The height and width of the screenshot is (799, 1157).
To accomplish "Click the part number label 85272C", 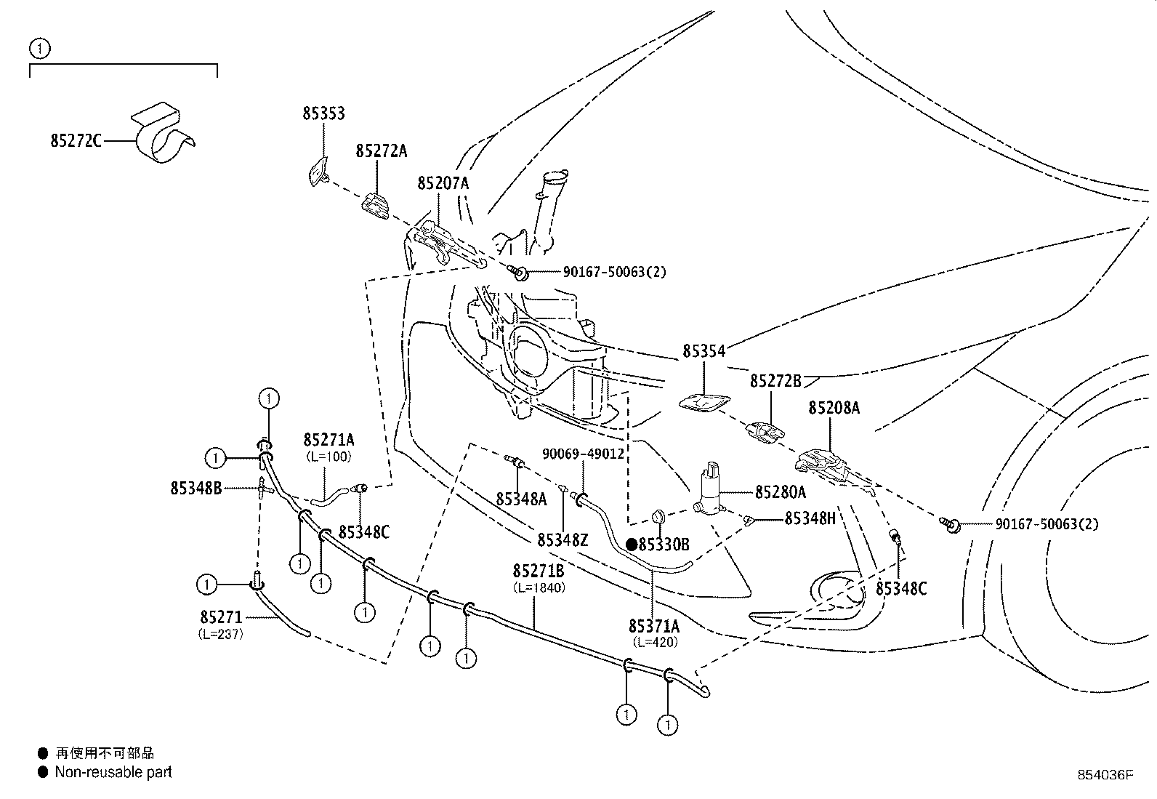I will click(76, 140).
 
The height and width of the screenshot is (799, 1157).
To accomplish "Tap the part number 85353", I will click(323, 113).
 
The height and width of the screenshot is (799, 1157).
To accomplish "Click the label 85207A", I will click(443, 183).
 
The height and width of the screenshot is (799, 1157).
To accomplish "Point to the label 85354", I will click(704, 351).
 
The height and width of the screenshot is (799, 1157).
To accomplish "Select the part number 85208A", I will click(834, 408).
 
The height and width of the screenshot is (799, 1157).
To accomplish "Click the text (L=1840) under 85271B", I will click(539, 587).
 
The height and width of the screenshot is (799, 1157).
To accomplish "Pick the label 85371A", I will click(654, 625).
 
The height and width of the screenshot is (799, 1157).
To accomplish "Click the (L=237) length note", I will click(220, 633).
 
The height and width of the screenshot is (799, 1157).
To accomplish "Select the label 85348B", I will click(196, 489).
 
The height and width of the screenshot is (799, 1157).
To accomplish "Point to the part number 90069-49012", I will click(583, 454).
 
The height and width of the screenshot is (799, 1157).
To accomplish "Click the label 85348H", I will click(810, 518).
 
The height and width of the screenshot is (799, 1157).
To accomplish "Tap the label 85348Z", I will click(563, 539).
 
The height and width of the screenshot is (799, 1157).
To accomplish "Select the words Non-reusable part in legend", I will click(113, 772).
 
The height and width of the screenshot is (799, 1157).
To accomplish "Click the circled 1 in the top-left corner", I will click(39, 49).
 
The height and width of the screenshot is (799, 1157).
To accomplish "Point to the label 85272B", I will click(775, 380).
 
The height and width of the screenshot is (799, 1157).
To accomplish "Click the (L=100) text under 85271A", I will click(328, 457).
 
